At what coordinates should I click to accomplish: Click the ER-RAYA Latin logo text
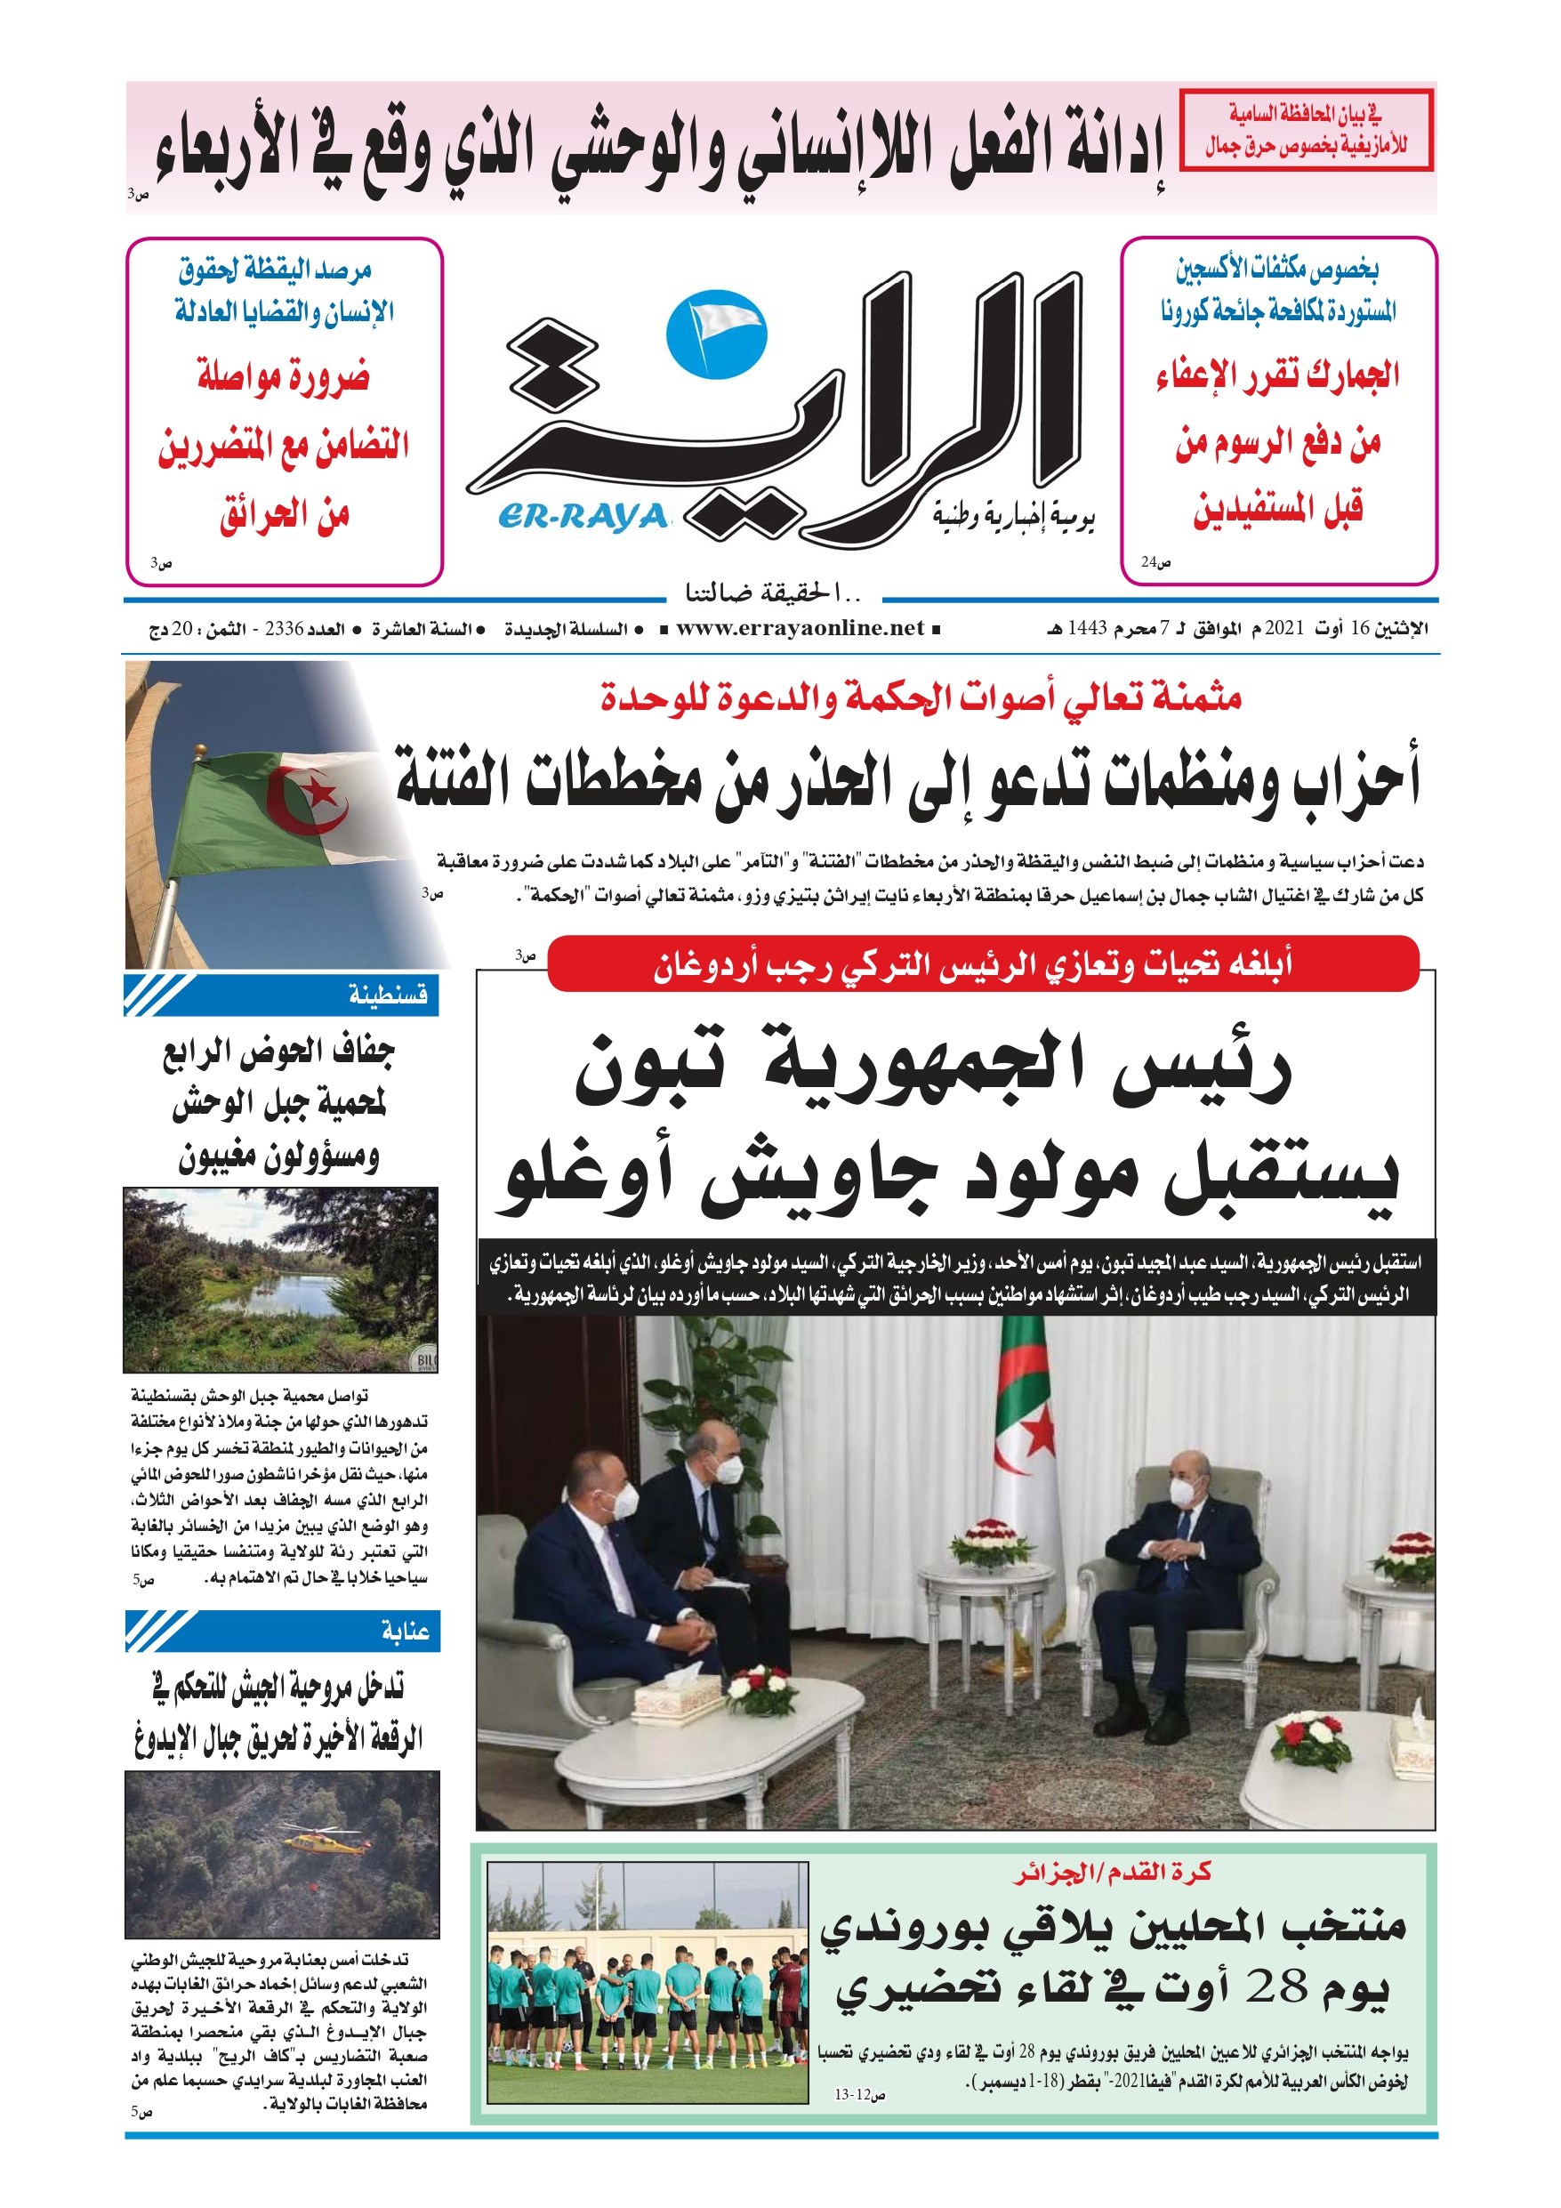[x=583, y=518]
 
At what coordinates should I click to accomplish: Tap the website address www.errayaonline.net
[x=801, y=629]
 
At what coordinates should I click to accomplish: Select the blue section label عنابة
[x=404, y=1631]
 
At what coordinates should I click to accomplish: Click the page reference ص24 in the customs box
[x=1155, y=562]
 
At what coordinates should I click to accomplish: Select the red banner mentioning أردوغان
[x=982, y=963]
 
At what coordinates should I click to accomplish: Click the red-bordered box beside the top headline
[x=1305, y=130]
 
